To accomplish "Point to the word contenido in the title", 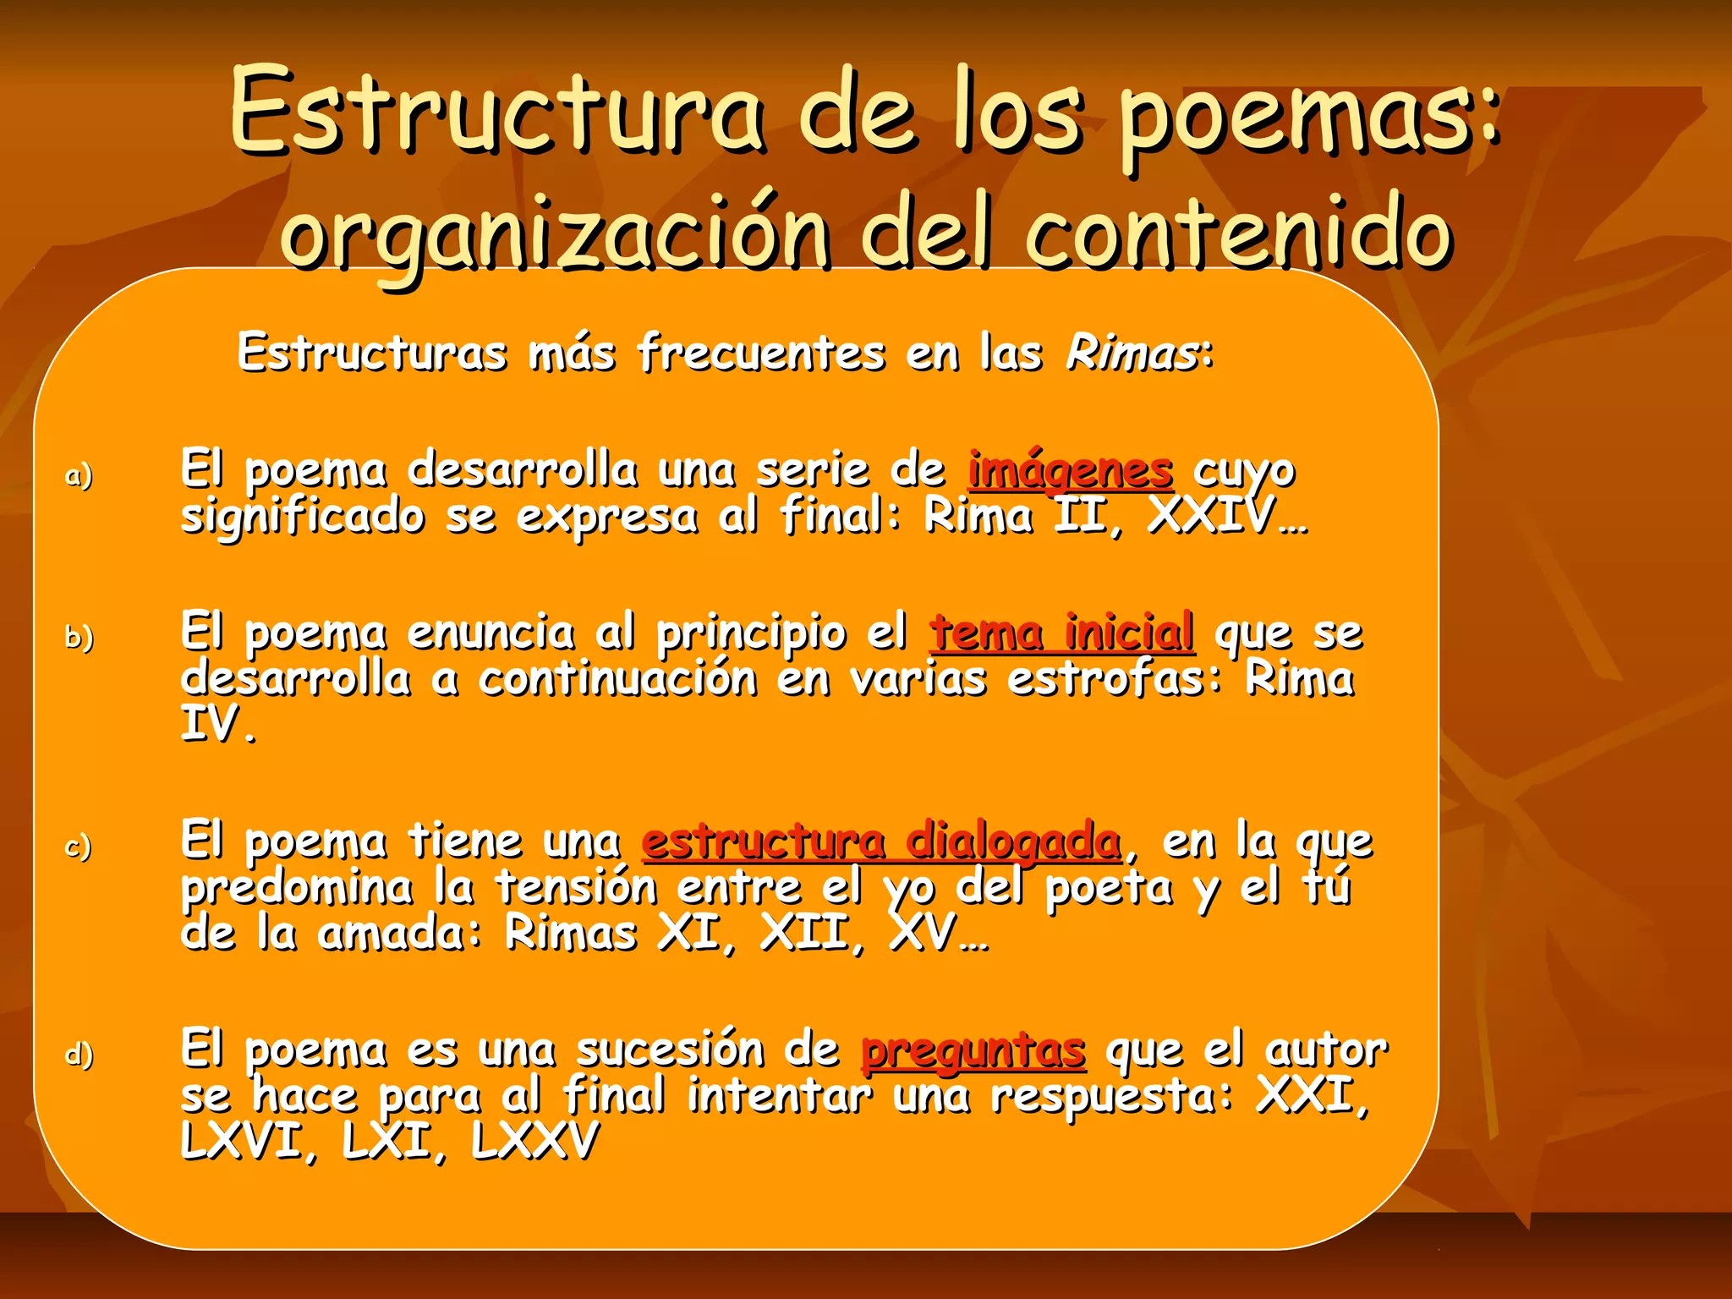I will tap(1239, 233).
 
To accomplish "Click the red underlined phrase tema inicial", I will tap(1062, 633).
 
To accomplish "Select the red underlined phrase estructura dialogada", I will tap(881, 841).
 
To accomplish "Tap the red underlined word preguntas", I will tap(973, 1051).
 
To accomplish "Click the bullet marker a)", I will tap(79, 475).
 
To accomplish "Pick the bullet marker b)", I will tap(79, 636).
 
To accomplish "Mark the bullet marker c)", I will tap(79, 846).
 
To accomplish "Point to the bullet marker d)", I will tap(79, 1055).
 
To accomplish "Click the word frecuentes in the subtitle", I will tap(761, 353).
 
